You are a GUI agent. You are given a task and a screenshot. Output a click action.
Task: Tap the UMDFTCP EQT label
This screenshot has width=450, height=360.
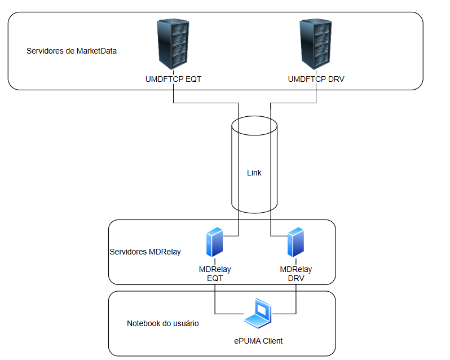coord(173,80)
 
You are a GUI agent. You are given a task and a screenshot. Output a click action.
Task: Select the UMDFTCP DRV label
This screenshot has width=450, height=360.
coord(316,80)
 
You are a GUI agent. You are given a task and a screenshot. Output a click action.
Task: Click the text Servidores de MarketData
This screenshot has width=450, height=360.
coord(72,51)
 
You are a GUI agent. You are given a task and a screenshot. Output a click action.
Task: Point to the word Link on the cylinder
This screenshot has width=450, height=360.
coord(254,173)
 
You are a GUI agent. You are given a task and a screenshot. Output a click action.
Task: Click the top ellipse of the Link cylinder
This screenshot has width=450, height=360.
coord(255,125)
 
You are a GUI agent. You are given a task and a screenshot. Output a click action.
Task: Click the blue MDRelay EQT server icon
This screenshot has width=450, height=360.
coord(214,242)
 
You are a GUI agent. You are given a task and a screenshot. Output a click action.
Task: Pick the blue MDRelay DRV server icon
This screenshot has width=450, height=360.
coord(295,242)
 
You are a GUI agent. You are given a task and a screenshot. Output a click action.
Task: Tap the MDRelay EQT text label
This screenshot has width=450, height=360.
coord(214,274)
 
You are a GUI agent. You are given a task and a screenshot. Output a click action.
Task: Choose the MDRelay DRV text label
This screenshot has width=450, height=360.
coord(295,274)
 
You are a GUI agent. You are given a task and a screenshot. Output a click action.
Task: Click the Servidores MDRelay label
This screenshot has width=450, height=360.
coord(145,252)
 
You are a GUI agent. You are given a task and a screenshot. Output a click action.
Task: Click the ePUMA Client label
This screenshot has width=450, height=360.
coord(258,341)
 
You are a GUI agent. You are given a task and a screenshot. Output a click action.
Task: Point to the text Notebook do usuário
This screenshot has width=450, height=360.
coord(162,324)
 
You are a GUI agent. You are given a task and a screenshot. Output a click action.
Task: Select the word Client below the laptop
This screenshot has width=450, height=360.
coord(271,341)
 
